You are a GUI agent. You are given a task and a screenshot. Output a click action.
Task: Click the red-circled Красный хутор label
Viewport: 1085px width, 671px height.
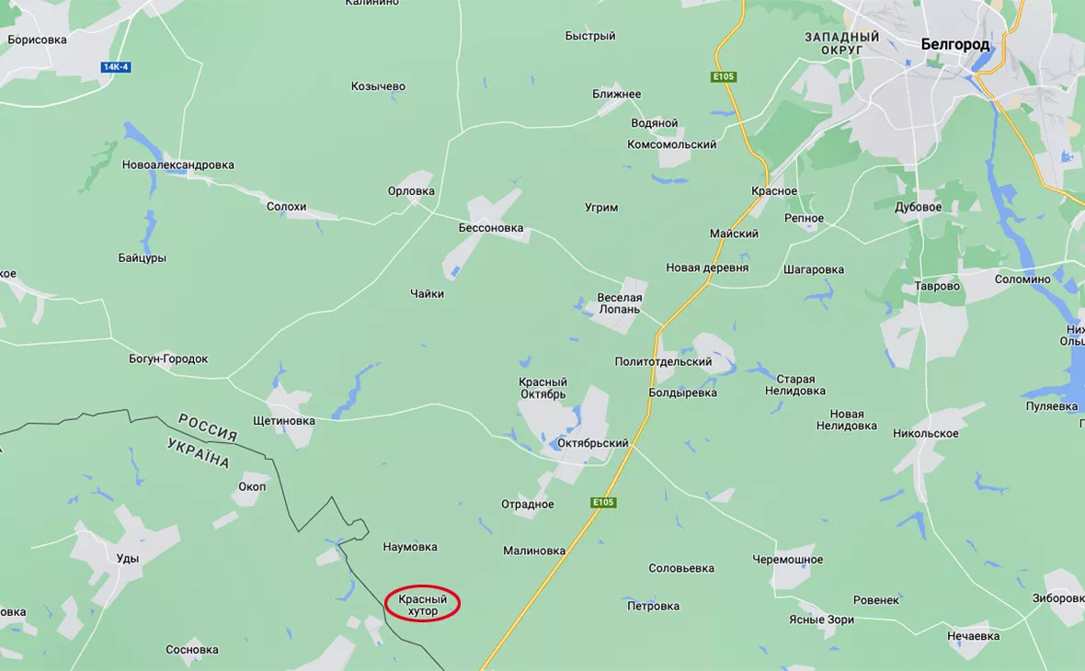422,604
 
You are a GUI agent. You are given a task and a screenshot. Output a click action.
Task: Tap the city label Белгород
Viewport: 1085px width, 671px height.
955,44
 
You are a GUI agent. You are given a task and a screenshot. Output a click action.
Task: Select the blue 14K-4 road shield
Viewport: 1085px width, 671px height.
116,67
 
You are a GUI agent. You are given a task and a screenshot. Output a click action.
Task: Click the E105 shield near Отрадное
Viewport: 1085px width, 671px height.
602,503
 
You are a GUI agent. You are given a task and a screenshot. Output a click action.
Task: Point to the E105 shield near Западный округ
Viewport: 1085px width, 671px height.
724,77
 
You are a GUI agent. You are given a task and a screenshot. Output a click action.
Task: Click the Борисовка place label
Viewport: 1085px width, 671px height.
37,40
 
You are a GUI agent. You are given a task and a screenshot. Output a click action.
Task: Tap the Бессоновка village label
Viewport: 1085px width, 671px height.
491,227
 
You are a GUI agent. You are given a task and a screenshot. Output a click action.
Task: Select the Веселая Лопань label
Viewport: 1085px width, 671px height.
620,303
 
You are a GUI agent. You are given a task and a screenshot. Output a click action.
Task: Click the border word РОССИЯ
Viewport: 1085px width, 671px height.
208,427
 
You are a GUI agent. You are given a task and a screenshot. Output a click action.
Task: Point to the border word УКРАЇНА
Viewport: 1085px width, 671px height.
198,453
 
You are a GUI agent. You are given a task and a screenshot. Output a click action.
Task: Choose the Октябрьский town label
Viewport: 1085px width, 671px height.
593,443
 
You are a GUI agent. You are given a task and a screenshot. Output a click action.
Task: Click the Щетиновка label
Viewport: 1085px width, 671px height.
283,421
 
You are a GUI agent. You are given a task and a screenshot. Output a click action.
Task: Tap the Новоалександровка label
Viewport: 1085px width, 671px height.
177,165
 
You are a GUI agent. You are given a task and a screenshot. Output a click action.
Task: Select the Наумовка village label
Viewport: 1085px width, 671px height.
409,547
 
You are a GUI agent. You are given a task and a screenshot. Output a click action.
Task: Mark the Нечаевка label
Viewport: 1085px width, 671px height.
973,635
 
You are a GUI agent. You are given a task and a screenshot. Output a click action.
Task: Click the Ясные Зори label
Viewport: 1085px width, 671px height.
821,620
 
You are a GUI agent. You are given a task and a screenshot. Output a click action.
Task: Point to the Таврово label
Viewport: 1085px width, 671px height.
936,286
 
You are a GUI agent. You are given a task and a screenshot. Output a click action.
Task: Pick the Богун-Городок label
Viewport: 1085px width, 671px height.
168,358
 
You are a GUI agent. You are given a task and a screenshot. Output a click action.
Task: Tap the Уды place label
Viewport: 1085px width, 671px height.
128,558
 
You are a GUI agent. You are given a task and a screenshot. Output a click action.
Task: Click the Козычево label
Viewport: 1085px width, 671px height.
378,86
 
